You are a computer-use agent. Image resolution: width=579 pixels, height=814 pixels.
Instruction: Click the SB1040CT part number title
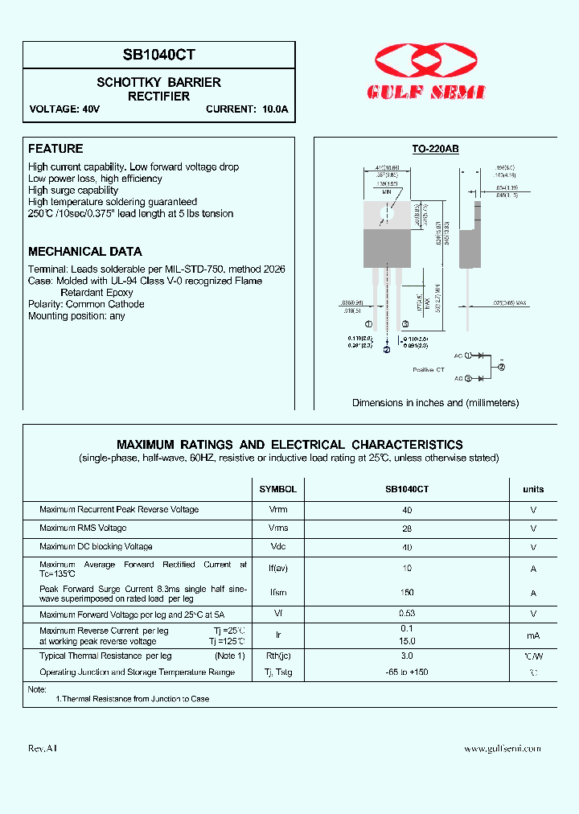point(158,55)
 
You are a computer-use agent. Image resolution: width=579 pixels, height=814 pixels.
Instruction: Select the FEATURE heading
point(55,149)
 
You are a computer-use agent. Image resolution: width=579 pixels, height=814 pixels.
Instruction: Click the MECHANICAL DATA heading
point(85,251)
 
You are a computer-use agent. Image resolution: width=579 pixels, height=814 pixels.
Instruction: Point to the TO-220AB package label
point(435,149)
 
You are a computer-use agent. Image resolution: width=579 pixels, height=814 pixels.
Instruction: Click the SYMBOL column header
point(277,489)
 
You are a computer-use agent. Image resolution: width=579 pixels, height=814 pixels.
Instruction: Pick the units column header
point(533,489)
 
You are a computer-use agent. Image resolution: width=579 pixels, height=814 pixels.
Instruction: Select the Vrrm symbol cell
point(277,510)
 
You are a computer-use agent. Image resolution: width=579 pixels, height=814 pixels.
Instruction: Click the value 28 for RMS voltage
point(407,528)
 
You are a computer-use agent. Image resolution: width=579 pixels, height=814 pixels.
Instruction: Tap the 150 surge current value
point(407,593)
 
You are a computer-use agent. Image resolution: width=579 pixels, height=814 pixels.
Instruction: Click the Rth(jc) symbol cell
point(277,656)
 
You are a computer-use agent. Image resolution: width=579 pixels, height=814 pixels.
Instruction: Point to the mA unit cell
point(533,635)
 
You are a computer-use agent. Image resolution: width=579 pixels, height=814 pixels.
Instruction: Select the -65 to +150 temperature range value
point(407,672)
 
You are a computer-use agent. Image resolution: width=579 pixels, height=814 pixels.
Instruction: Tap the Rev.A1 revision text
point(43,749)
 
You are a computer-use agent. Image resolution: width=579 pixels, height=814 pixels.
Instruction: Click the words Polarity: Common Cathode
point(86,304)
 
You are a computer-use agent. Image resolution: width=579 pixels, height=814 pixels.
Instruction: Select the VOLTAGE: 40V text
point(64,109)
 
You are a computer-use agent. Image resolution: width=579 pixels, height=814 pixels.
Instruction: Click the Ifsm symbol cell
point(277,593)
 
